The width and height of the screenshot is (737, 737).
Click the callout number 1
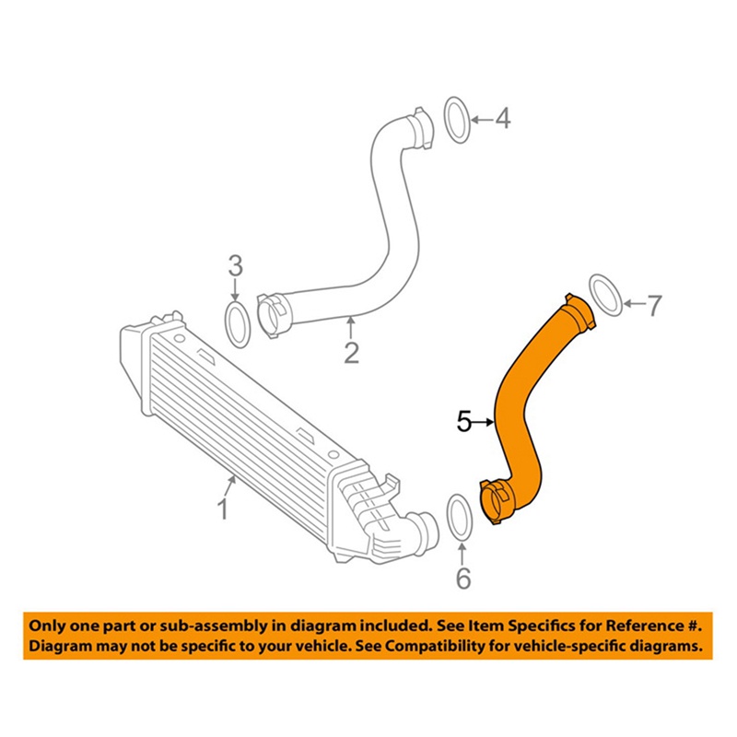[222, 508]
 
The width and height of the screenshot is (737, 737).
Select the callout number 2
[351, 352]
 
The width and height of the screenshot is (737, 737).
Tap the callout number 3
[236, 267]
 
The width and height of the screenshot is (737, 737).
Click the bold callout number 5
[464, 421]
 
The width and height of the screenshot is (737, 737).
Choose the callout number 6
[463, 578]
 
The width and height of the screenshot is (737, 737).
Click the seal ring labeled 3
[238, 323]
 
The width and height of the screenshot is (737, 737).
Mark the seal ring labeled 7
[603, 294]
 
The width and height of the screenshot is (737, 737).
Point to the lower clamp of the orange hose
[497, 501]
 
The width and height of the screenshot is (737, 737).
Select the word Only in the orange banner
[50, 625]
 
